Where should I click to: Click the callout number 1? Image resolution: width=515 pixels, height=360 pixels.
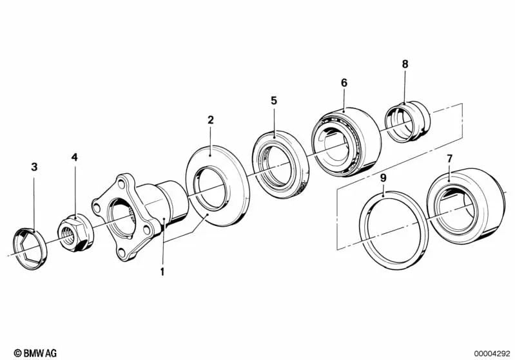pos(162,272)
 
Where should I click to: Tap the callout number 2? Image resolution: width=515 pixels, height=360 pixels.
pos(210,120)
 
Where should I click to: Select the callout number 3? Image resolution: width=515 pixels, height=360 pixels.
pos(35,167)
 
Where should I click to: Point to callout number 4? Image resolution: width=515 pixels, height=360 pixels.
pos(75,156)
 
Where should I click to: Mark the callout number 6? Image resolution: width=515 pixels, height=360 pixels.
pos(344,82)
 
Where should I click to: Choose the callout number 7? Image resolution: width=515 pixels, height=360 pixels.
pos(449,158)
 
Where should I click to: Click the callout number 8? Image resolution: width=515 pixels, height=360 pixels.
pos(405,64)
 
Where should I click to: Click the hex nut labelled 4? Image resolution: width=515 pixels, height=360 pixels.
pos(75,231)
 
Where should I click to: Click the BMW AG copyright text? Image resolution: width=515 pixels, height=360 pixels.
pos(35,352)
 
